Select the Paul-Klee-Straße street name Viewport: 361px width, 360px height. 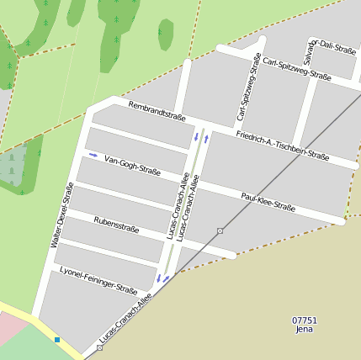[268, 201]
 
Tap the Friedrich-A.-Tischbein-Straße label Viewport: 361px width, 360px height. [282, 145]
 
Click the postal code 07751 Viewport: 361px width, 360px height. [305, 320]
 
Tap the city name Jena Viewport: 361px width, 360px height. [305, 330]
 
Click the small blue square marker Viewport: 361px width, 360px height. [57, 340]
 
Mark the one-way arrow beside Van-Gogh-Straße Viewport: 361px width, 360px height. [93, 156]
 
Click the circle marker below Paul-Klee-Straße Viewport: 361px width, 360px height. [220, 230]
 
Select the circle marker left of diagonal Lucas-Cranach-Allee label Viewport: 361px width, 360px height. [99, 347]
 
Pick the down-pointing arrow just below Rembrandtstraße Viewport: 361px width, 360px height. [196, 135]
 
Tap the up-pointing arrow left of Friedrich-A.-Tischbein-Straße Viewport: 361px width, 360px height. [206, 138]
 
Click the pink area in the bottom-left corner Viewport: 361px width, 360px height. [10, 328]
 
